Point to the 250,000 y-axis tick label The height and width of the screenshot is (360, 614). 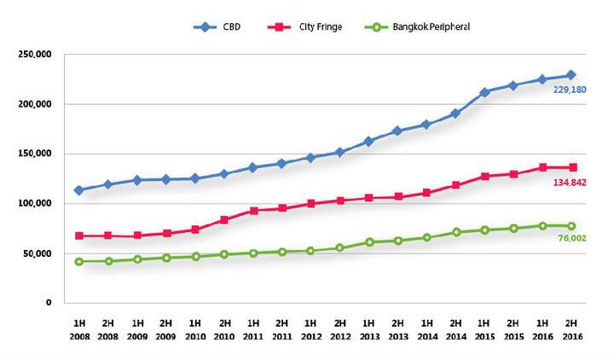[35, 55]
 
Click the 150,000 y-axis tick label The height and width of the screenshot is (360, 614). [35, 154]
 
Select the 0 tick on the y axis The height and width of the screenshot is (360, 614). [49, 303]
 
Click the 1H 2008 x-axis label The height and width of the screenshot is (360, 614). [78, 329]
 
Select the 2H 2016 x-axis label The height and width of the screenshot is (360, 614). [571, 329]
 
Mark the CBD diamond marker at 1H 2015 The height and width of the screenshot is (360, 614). [484, 92]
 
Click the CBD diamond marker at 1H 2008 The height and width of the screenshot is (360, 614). [78, 190]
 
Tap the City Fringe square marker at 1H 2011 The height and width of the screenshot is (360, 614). [252, 211]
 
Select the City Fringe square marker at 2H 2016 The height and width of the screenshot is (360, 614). [571, 167]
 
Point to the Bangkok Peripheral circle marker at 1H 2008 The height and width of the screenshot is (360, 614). [78, 261]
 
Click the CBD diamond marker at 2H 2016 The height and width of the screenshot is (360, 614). [571, 75]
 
